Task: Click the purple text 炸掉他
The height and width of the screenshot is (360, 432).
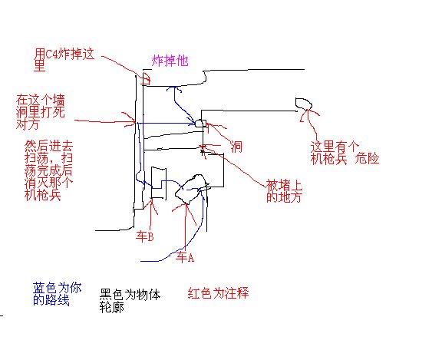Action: (x=170, y=61)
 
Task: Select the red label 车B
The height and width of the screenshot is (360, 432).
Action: (x=145, y=236)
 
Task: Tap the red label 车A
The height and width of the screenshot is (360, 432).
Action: (x=185, y=257)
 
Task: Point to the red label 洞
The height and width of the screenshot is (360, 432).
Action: (x=236, y=147)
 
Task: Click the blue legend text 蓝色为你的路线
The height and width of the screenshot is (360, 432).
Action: (x=58, y=293)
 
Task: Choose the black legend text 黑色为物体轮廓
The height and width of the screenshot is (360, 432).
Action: (x=130, y=301)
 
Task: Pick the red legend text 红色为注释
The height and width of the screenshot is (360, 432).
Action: (x=218, y=292)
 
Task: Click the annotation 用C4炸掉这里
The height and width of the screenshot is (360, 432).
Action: (x=64, y=60)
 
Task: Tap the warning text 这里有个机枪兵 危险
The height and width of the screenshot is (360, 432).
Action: (x=345, y=153)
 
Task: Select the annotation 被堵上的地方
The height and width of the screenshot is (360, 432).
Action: (x=284, y=191)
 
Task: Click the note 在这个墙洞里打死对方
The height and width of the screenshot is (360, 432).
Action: (x=40, y=112)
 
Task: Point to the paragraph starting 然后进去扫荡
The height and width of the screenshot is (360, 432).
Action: (x=48, y=170)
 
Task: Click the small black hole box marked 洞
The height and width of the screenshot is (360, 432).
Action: (x=201, y=124)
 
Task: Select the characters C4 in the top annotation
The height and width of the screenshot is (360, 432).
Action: (x=51, y=54)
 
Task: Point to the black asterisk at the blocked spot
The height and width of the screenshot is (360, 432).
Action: (x=203, y=151)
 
